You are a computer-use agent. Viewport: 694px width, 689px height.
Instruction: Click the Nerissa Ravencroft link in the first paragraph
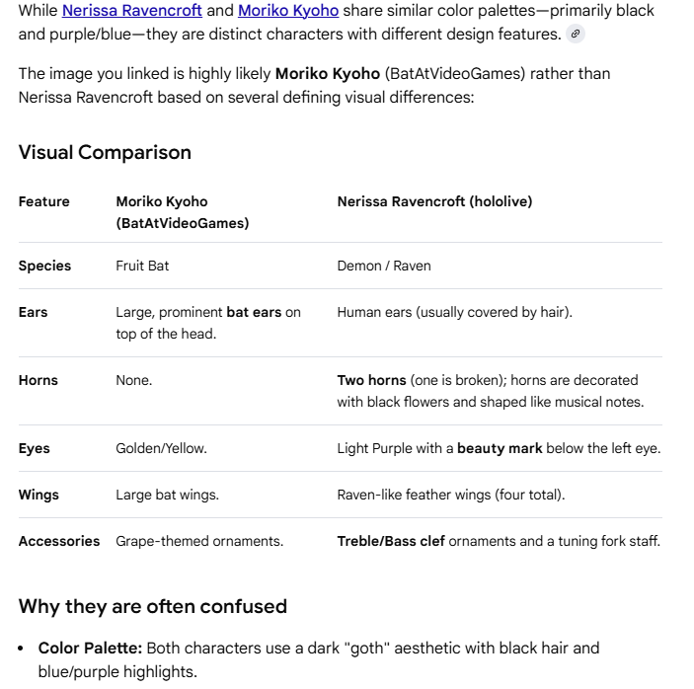[132, 11]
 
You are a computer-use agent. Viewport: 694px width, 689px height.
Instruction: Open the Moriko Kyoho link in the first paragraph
[288, 11]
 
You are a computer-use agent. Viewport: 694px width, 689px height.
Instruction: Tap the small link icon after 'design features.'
[577, 34]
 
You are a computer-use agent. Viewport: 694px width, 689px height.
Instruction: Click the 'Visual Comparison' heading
[105, 152]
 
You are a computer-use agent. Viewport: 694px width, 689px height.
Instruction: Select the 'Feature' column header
[44, 201]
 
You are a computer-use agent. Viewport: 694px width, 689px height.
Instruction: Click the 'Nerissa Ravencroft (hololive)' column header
[434, 201]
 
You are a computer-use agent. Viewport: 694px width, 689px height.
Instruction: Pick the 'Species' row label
[45, 266]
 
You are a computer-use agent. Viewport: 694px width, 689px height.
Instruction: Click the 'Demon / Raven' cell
[384, 266]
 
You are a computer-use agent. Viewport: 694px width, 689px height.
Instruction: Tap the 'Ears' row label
[34, 312]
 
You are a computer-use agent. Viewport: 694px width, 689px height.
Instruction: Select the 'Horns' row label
[39, 380]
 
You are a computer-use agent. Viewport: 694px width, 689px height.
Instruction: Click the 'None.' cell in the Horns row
[134, 380]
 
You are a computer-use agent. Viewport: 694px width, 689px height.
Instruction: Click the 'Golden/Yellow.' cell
[161, 448]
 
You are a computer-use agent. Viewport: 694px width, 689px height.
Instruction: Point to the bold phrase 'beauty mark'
[500, 448]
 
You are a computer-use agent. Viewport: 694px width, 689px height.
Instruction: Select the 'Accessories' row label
[59, 541]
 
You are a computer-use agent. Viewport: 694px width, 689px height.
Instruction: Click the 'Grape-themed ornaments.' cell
[199, 541]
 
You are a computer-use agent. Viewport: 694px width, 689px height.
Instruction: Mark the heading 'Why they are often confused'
[153, 606]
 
